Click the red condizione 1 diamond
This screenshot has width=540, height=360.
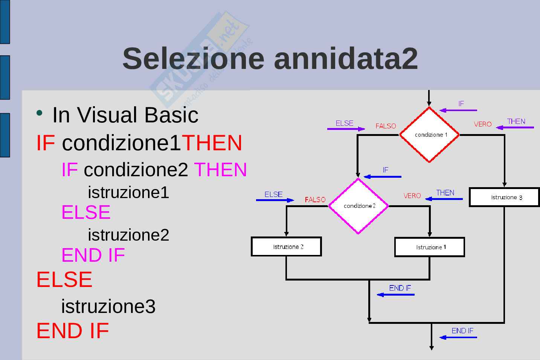(x=429, y=135)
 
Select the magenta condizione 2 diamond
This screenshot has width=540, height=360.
(x=358, y=206)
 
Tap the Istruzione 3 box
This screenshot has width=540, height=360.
(x=504, y=197)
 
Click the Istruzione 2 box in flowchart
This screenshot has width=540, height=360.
(x=286, y=247)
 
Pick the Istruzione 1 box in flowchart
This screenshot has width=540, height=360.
(x=429, y=247)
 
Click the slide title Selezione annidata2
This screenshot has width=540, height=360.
(x=270, y=58)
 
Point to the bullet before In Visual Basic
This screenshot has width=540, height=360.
(x=39, y=113)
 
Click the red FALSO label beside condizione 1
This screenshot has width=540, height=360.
(x=386, y=126)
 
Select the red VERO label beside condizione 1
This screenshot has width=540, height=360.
(x=482, y=124)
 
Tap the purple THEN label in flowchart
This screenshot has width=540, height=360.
(x=516, y=121)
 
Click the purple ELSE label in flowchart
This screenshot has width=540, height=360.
(x=345, y=123)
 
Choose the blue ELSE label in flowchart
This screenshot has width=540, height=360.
(x=273, y=194)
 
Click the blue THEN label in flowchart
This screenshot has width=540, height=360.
(x=445, y=192)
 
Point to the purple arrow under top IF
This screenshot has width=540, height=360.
(x=458, y=110)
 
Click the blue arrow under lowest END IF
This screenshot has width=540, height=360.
(x=458, y=337)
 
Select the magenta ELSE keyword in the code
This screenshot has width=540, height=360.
(x=86, y=212)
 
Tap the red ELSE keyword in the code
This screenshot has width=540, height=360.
(x=64, y=279)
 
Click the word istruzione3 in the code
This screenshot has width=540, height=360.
(x=108, y=306)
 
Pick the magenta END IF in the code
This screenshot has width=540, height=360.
(x=93, y=255)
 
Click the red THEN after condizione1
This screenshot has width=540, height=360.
(x=212, y=143)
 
